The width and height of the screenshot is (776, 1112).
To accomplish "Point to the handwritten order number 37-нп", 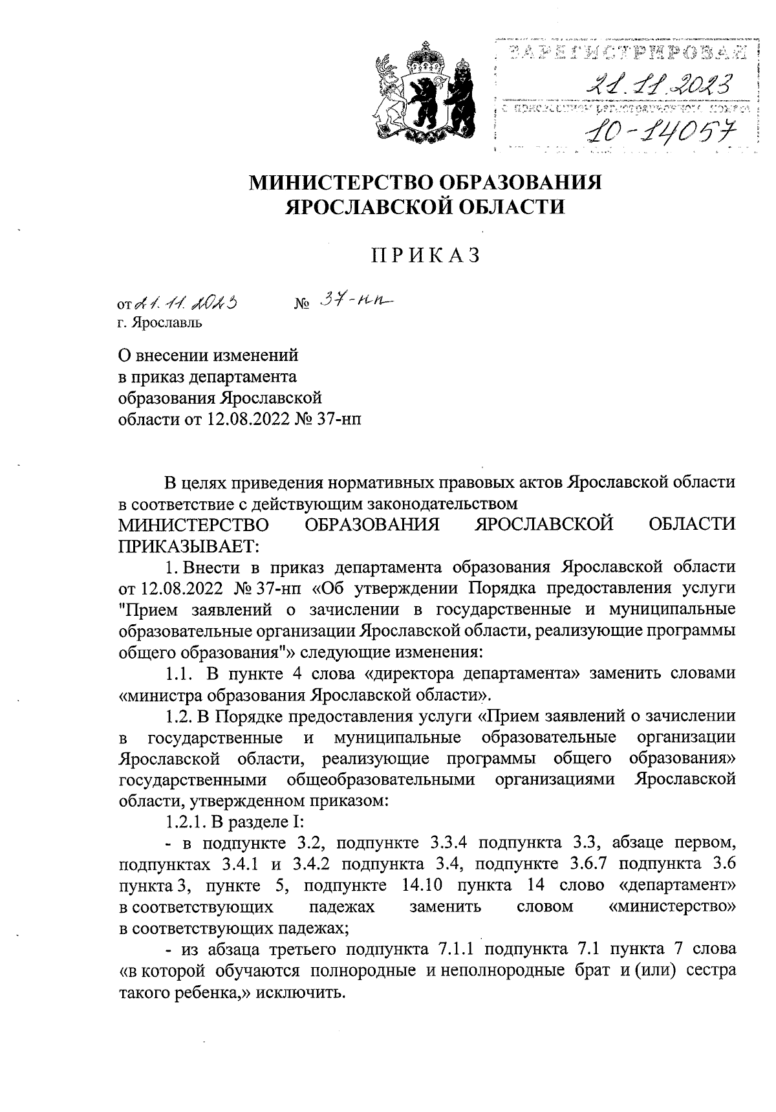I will point(356,301).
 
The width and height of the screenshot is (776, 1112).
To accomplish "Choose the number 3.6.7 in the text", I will point(590,864).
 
